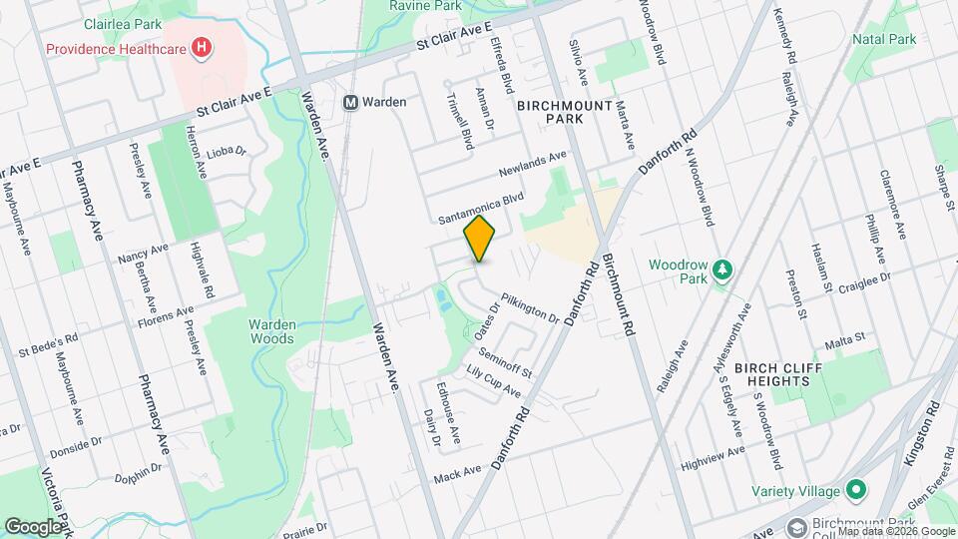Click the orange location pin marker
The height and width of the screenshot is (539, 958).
(x=480, y=239)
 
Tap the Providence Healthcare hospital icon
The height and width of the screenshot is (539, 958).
(x=204, y=46)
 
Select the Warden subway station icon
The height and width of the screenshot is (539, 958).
(x=350, y=102)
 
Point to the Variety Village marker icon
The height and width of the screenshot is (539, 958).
(x=855, y=490)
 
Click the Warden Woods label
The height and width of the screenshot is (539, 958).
(x=271, y=330)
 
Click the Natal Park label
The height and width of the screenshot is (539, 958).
(x=884, y=39)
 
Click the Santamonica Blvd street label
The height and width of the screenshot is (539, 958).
(x=481, y=209)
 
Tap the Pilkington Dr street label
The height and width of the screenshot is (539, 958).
(x=530, y=307)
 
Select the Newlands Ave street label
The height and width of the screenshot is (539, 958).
(x=532, y=162)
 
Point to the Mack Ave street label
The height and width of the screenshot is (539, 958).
(x=458, y=472)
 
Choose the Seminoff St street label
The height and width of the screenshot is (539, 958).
(x=506, y=362)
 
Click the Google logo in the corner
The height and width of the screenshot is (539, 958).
(x=34, y=526)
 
